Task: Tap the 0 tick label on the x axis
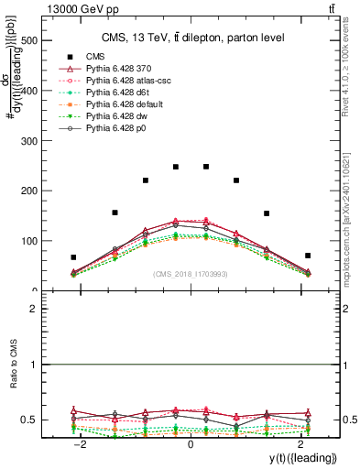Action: pyautogui.click(x=191, y=443)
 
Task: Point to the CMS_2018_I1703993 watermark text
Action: pyautogui.click(x=191, y=274)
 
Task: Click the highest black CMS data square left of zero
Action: pyautogui.click(x=176, y=167)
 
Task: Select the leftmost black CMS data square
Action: pyautogui.click(x=73, y=257)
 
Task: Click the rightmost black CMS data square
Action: pyautogui.click(x=308, y=256)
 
